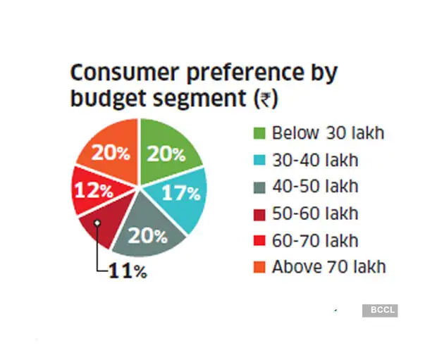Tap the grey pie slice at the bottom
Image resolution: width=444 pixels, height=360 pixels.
(x=149, y=232)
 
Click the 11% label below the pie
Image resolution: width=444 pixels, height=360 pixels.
(x=128, y=271)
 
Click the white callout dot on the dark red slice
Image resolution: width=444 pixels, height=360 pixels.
(x=98, y=223)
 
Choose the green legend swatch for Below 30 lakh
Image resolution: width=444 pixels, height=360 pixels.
(x=259, y=133)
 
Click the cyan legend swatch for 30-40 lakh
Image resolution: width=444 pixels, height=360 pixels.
(x=259, y=160)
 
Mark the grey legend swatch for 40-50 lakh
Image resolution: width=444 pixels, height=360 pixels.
(x=259, y=187)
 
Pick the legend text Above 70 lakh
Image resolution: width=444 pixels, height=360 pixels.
(x=328, y=267)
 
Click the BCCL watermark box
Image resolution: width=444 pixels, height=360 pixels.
(x=380, y=310)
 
